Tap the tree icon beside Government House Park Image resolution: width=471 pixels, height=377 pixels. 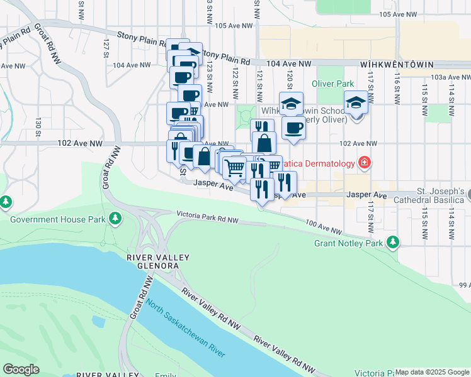click(115, 218)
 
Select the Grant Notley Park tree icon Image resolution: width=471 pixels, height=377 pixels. click(393, 242)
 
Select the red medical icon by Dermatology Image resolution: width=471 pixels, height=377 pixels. click(364, 163)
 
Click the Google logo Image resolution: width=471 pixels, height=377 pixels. click(21, 369)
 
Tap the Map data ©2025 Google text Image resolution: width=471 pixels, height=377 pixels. click(432, 372)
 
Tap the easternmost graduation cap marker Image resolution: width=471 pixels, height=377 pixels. click(356, 102)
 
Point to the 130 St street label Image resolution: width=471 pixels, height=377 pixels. click(38, 125)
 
